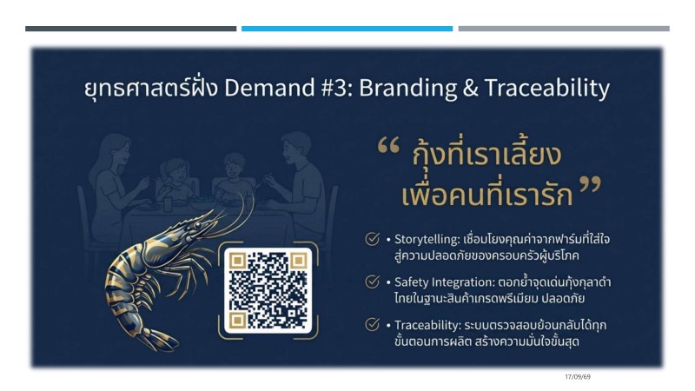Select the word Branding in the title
click(x=407, y=89)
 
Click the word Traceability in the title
click(x=547, y=89)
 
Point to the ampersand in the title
click(x=470, y=88)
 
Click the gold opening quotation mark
click(x=388, y=145)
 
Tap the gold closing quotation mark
click(x=590, y=185)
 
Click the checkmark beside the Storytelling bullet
click(x=373, y=238)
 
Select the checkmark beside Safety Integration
click(x=373, y=282)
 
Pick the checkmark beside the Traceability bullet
click(x=373, y=324)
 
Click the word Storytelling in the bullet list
click(x=427, y=240)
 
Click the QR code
click(x=268, y=291)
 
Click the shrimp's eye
click(x=198, y=226)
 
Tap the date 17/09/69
click(x=578, y=377)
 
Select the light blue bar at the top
click(x=347, y=29)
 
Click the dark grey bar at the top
click(x=131, y=29)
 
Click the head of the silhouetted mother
click(x=116, y=150)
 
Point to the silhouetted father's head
click(x=295, y=147)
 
